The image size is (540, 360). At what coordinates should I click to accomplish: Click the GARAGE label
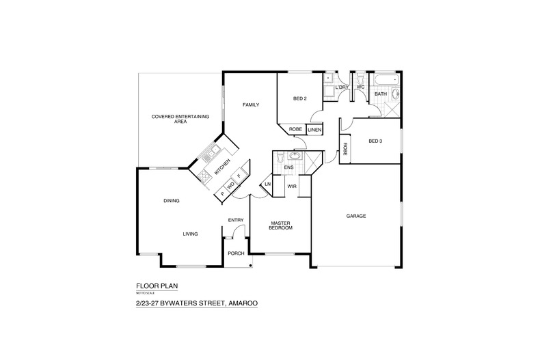(x=355, y=216)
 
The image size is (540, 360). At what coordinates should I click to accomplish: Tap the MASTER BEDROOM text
(x=281, y=225)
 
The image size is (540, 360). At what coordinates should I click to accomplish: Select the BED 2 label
(x=299, y=99)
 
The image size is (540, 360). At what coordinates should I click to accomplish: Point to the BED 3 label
(x=375, y=141)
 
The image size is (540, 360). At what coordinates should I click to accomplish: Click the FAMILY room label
(x=251, y=105)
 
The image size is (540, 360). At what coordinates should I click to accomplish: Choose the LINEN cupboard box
(x=314, y=129)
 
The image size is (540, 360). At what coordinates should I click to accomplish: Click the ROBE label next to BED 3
(x=346, y=150)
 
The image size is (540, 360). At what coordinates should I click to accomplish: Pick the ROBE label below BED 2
(x=295, y=129)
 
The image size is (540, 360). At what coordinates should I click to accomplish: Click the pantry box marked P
(x=222, y=194)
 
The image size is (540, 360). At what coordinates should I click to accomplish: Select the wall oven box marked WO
(x=231, y=185)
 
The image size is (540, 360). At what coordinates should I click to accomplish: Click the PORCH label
(x=237, y=253)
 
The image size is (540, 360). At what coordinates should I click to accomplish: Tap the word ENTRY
(x=236, y=219)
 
